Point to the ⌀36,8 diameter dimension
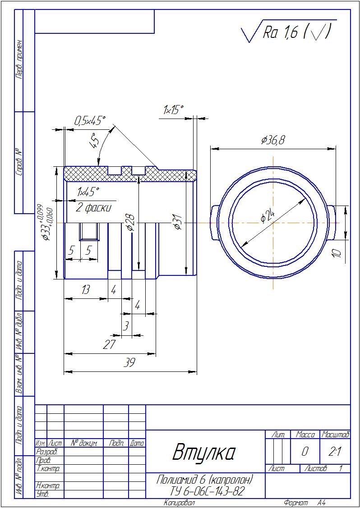273,140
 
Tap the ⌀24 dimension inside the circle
268,216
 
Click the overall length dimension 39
129,363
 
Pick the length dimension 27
109,345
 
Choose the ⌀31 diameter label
178,222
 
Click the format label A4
322,503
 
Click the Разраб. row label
45,451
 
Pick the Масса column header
305,435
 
